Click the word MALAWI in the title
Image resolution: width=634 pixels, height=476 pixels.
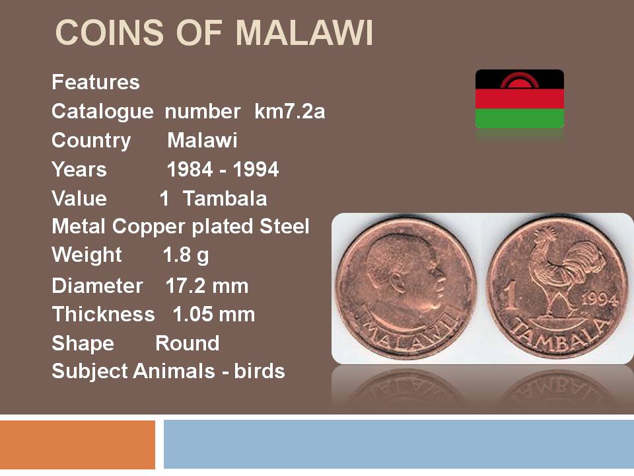[x=304, y=32]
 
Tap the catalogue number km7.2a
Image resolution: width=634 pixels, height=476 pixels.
[x=289, y=111]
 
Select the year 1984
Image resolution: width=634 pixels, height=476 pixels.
[x=190, y=169]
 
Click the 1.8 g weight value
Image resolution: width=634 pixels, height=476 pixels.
[x=186, y=255]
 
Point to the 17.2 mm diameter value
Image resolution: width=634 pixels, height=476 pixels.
[x=207, y=286]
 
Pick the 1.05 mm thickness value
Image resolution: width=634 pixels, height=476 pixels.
[x=214, y=314]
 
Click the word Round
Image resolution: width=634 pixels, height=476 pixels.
[x=187, y=343]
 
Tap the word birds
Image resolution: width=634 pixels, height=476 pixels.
[x=259, y=371]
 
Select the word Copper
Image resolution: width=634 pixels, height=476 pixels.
[x=150, y=227]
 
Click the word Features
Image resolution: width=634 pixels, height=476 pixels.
[x=95, y=82]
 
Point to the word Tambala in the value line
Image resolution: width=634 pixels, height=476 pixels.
[x=225, y=198]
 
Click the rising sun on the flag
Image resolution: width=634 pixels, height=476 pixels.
[x=520, y=80]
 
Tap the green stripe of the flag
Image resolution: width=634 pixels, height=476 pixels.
[x=520, y=118]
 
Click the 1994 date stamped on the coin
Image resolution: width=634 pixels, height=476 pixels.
[x=600, y=299]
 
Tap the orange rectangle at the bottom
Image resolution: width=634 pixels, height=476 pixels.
[x=77, y=444]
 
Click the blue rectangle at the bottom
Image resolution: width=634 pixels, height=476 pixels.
[x=399, y=444]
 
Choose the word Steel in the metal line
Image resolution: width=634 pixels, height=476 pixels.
[x=284, y=226]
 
